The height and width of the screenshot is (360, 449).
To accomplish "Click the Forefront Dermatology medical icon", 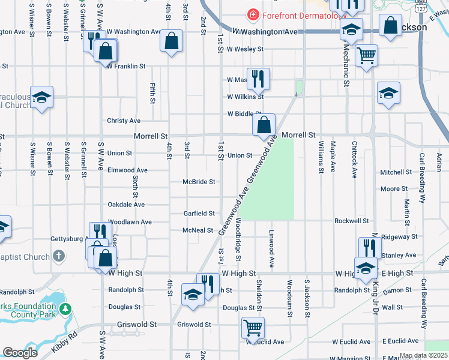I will pos(253,14).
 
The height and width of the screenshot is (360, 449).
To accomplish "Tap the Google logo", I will pos(20,353).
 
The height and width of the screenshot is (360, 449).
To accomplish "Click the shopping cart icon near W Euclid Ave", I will pos(253,328).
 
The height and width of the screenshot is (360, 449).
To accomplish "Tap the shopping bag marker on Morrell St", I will pos(264,125).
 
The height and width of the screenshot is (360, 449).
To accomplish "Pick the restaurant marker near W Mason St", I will pos(258,78).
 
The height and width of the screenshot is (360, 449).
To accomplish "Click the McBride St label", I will pos(199,182).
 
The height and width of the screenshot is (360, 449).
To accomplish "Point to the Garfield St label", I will pos(199,214).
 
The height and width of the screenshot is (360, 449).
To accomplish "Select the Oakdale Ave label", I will pos(126,205).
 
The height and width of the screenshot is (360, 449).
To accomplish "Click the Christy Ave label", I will pos(124,121).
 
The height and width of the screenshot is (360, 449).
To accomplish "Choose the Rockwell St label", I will pos(351,221).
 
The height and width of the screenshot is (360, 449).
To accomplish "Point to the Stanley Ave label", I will pos(399,256).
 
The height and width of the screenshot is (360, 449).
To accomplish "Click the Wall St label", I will pos(392,307).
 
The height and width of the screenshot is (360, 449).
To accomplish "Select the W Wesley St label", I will pos(246,49).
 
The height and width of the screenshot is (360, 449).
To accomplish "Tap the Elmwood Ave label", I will pos(127,170).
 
